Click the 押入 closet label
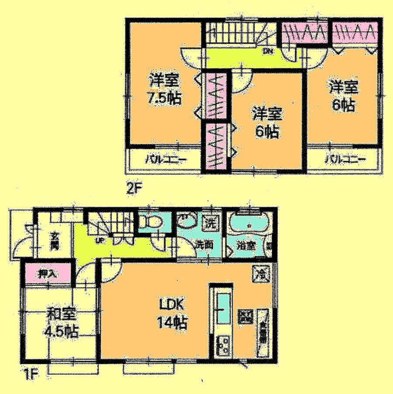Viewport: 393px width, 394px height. click(46, 275)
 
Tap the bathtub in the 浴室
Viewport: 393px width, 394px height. click(249, 225)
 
